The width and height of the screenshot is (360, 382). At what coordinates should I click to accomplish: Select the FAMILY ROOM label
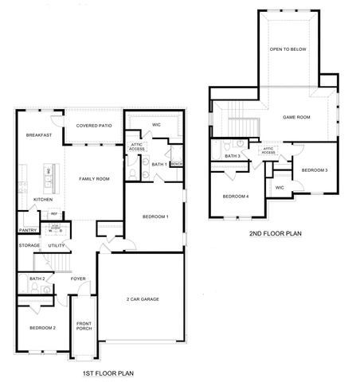(94, 178)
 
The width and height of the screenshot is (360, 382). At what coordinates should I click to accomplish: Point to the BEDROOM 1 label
(155, 216)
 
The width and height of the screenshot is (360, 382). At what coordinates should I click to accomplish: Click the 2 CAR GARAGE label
(144, 298)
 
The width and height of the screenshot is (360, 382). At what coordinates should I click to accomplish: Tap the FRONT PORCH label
(84, 325)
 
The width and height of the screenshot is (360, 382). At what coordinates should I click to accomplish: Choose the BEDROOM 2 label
(42, 328)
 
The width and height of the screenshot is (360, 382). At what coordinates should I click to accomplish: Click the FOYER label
(78, 279)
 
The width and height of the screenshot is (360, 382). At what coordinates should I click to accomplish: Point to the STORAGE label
(29, 246)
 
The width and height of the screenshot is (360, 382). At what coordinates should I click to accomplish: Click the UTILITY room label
(56, 246)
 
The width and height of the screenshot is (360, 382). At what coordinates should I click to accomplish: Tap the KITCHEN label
(42, 199)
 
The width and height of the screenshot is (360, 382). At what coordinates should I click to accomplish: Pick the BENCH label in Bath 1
(177, 164)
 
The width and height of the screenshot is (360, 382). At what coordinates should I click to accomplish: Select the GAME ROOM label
(296, 117)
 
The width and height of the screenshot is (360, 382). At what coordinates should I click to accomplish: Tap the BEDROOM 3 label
(315, 170)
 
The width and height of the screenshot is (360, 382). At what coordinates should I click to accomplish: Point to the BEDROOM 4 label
(236, 197)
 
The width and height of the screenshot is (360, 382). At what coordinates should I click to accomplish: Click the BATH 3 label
(233, 156)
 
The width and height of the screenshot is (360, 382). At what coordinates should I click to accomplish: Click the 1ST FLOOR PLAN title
(108, 372)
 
